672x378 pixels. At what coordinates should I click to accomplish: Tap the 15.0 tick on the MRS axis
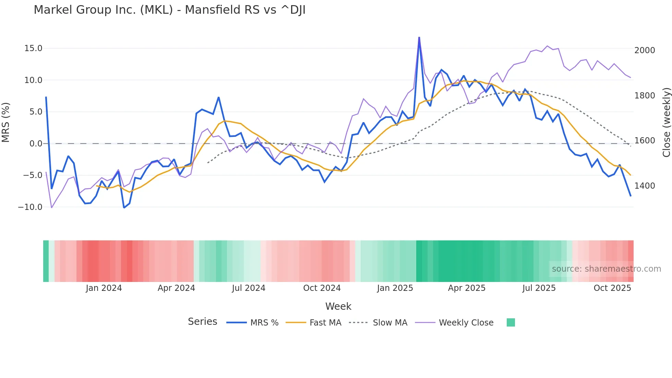click(x=33, y=48)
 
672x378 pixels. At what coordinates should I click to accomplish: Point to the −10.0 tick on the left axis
click(x=30, y=207)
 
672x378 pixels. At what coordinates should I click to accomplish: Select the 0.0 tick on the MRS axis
click(x=36, y=144)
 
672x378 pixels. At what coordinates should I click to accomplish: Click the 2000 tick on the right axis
click(x=645, y=50)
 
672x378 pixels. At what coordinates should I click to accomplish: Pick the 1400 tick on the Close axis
click(x=645, y=186)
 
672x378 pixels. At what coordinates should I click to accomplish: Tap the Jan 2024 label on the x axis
click(x=104, y=288)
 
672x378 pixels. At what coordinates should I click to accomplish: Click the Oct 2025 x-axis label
click(x=612, y=288)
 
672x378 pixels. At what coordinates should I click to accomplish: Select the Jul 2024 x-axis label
click(x=249, y=288)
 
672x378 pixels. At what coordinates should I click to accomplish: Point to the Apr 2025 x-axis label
click(x=467, y=288)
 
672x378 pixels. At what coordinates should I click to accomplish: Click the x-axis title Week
click(x=338, y=306)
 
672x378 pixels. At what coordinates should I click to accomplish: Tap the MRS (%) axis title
click(x=6, y=122)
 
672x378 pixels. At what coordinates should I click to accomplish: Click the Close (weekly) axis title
click(x=666, y=122)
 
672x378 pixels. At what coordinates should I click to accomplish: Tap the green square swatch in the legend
click(x=511, y=322)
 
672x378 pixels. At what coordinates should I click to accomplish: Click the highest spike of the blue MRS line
click(x=419, y=38)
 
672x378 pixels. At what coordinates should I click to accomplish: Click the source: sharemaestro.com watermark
click(x=606, y=269)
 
